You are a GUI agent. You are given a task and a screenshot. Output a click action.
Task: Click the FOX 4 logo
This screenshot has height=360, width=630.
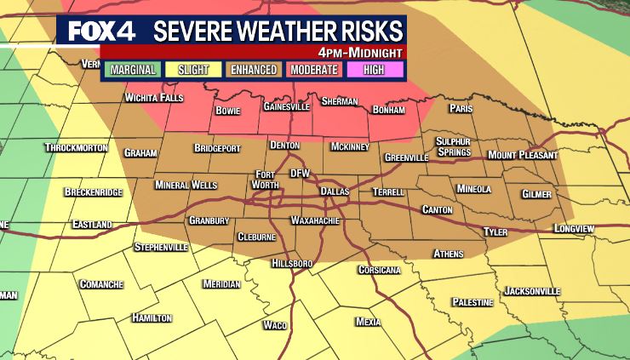(100, 31)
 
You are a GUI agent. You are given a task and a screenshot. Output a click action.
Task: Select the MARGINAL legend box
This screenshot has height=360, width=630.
(133, 70)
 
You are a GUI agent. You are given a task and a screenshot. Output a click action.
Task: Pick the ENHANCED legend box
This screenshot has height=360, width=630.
(253, 70)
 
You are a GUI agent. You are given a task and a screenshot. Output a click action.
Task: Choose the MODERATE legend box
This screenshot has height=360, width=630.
(313, 70)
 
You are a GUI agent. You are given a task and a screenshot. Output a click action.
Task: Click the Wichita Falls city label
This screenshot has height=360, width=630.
(153, 98)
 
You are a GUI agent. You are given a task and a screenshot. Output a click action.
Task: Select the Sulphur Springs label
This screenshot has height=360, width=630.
(453, 146)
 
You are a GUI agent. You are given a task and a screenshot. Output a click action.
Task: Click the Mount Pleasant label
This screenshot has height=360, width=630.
(522, 155)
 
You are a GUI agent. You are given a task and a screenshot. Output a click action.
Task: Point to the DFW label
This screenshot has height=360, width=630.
(300, 173)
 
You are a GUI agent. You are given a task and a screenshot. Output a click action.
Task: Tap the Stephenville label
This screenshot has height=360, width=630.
(161, 247)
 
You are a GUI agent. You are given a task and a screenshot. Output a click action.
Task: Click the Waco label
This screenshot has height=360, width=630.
(275, 325)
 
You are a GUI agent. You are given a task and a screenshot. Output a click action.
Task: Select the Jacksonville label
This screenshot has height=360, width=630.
(532, 291)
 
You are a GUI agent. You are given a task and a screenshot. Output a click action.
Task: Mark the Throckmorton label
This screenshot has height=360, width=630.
(77, 147)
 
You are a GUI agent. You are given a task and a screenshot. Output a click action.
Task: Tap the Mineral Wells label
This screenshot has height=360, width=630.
(186, 185)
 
